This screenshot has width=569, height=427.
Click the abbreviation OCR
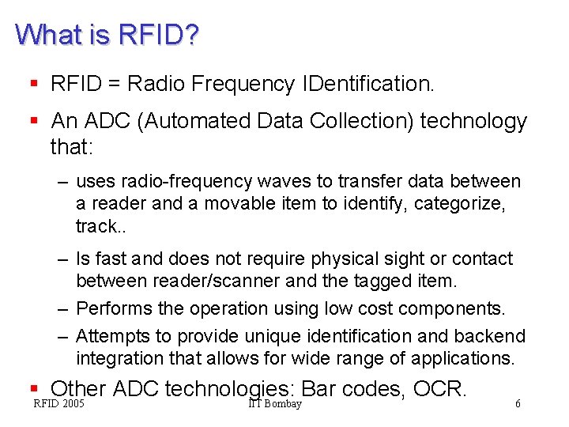pyautogui.click(x=440, y=389)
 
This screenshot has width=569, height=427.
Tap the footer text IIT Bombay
pyautogui.click(x=274, y=404)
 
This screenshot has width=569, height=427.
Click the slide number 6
pyautogui.click(x=518, y=404)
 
